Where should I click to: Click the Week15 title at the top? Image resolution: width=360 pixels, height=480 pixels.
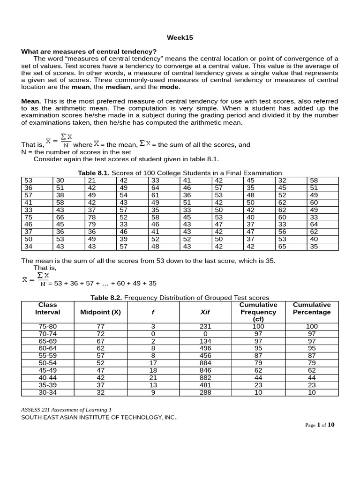[x=180, y=37]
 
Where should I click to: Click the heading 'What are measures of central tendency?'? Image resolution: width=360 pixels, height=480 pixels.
[x=89, y=51]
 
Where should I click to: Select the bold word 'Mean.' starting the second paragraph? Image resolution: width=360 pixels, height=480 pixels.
[x=31, y=101]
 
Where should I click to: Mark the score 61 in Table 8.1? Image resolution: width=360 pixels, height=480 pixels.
[x=155, y=195]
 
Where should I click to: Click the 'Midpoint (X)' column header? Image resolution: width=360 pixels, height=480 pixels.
[x=100, y=312]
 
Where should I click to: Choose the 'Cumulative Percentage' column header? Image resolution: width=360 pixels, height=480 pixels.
[x=312, y=308]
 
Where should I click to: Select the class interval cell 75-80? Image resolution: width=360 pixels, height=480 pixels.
[x=47, y=326]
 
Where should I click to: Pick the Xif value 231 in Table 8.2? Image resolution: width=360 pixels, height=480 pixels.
[x=205, y=326]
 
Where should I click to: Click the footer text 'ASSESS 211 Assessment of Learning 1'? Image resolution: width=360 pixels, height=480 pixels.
[x=66, y=409]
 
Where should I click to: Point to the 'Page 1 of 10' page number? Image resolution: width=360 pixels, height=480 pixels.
[x=320, y=425]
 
